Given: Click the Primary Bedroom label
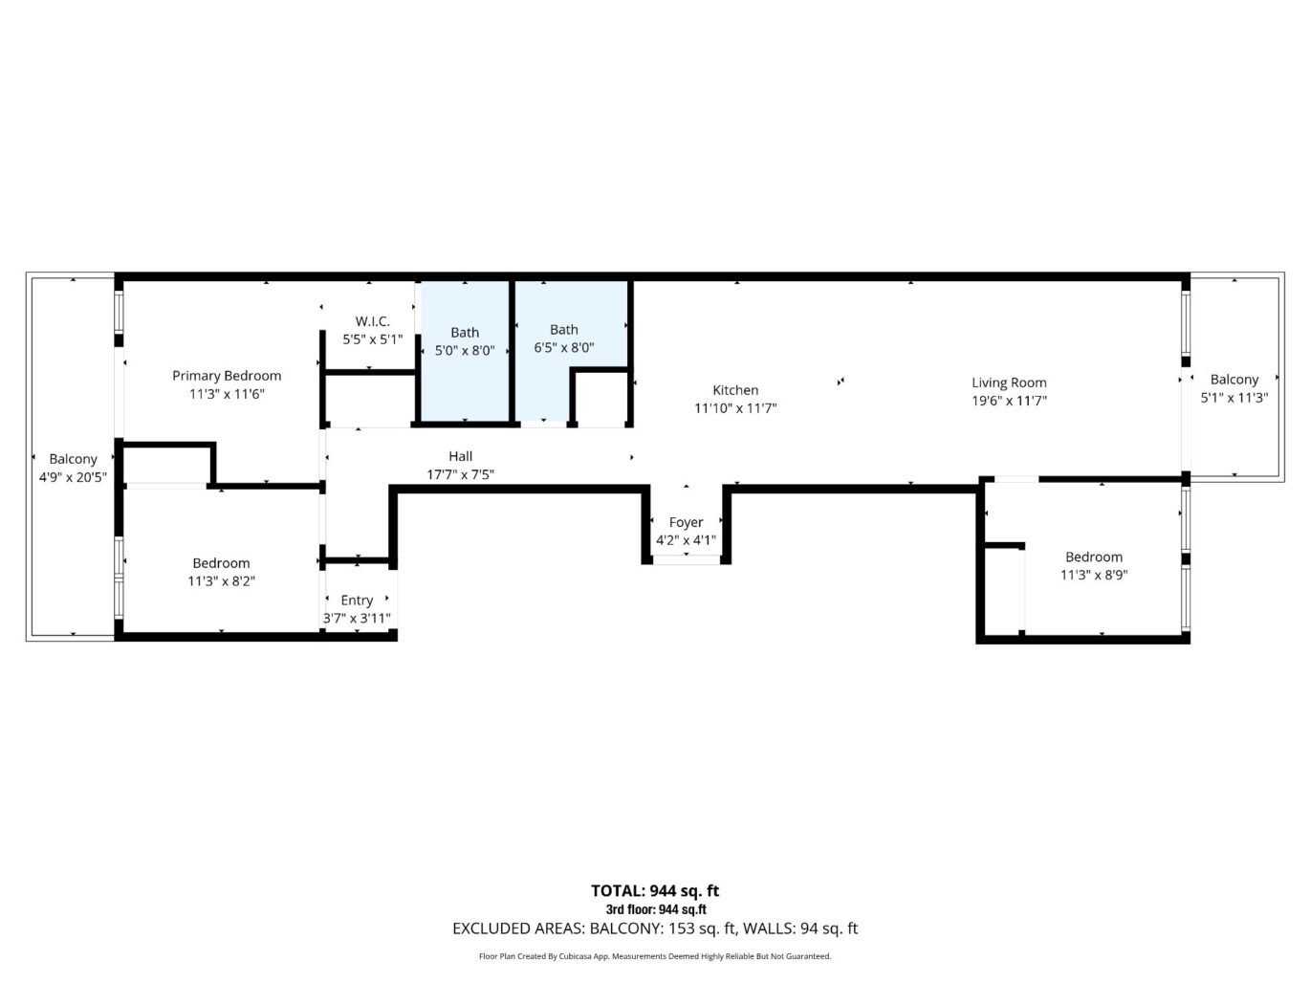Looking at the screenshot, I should point(227,376).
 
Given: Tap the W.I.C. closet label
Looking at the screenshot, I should point(372,321).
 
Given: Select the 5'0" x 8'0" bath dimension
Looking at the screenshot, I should point(465,351).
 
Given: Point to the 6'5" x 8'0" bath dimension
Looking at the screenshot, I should point(563,348).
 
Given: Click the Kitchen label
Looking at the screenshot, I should point(735,390).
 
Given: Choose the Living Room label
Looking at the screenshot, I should point(1009,382).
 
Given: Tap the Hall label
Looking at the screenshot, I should point(460,456).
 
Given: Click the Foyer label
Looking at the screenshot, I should point(686,522).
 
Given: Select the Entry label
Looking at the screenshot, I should point(357,601).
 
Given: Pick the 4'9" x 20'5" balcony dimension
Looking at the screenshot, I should point(73,477).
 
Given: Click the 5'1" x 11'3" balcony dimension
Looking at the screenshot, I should point(1234,398).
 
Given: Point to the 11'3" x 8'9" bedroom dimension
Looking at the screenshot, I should point(1094,575).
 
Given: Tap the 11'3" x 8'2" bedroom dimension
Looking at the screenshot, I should point(221,581).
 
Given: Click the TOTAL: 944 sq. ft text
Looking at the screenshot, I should point(655,891).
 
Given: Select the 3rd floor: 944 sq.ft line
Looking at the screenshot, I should point(655,910).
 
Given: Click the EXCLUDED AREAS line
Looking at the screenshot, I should point(655,928).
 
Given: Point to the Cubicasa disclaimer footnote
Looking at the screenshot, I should point(655,956).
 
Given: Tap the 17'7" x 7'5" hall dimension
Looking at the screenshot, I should point(460,474).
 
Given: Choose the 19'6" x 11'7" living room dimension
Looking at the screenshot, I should point(1009,402).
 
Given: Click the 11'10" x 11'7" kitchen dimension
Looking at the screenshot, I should point(735,408).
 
